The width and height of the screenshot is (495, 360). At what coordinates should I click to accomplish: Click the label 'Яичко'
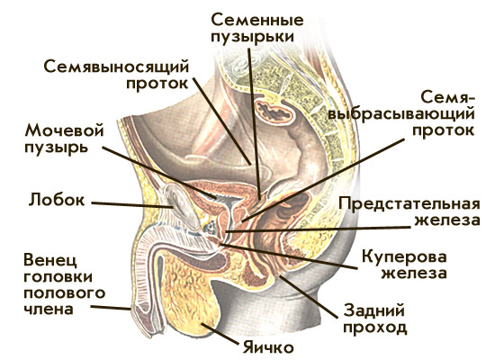(268, 348)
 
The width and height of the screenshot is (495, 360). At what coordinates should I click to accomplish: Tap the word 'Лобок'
(57, 200)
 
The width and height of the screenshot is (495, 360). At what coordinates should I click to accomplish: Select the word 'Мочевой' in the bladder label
(65, 130)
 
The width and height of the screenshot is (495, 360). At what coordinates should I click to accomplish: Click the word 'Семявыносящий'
(116, 67)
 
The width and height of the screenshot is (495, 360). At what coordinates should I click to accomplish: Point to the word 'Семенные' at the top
(257, 20)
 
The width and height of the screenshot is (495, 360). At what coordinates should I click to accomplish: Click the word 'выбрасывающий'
(400, 113)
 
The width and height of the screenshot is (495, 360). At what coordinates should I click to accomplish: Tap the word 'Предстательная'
(409, 203)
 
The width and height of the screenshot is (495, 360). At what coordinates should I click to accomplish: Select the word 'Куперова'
(404, 256)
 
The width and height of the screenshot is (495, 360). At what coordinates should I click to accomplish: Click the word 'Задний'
(374, 310)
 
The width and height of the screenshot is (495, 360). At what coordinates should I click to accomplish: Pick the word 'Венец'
(50, 260)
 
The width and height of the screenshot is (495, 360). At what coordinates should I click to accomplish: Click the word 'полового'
(65, 293)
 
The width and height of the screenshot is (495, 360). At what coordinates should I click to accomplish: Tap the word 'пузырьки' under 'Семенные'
(253, 37)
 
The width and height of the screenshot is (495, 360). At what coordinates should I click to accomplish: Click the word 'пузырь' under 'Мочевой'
(56, 148)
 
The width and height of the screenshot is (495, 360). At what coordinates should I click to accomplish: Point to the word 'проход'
(375, 328)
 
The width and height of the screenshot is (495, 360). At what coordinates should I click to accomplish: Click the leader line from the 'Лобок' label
(132, 205)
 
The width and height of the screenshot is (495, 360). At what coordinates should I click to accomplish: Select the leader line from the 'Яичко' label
(219, 334)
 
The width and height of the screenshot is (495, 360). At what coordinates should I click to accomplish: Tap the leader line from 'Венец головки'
(111, 307)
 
